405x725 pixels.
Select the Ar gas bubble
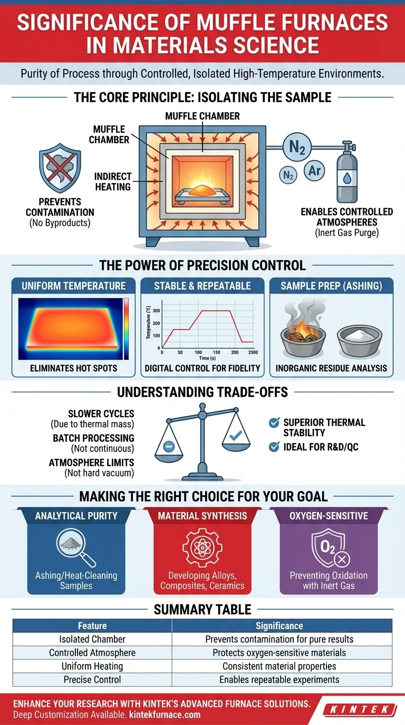coord(315,171)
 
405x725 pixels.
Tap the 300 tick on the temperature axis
coord(157,311)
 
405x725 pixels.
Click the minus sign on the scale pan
coord(169,446)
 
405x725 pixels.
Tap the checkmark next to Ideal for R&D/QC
coord(274,447)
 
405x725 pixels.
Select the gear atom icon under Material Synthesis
coord(202,547)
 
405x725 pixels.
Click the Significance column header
coord(279,626)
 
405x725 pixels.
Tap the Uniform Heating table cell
coord(92,666)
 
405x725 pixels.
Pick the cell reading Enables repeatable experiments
coord(279,680)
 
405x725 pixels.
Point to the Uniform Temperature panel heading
coord(73,286)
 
